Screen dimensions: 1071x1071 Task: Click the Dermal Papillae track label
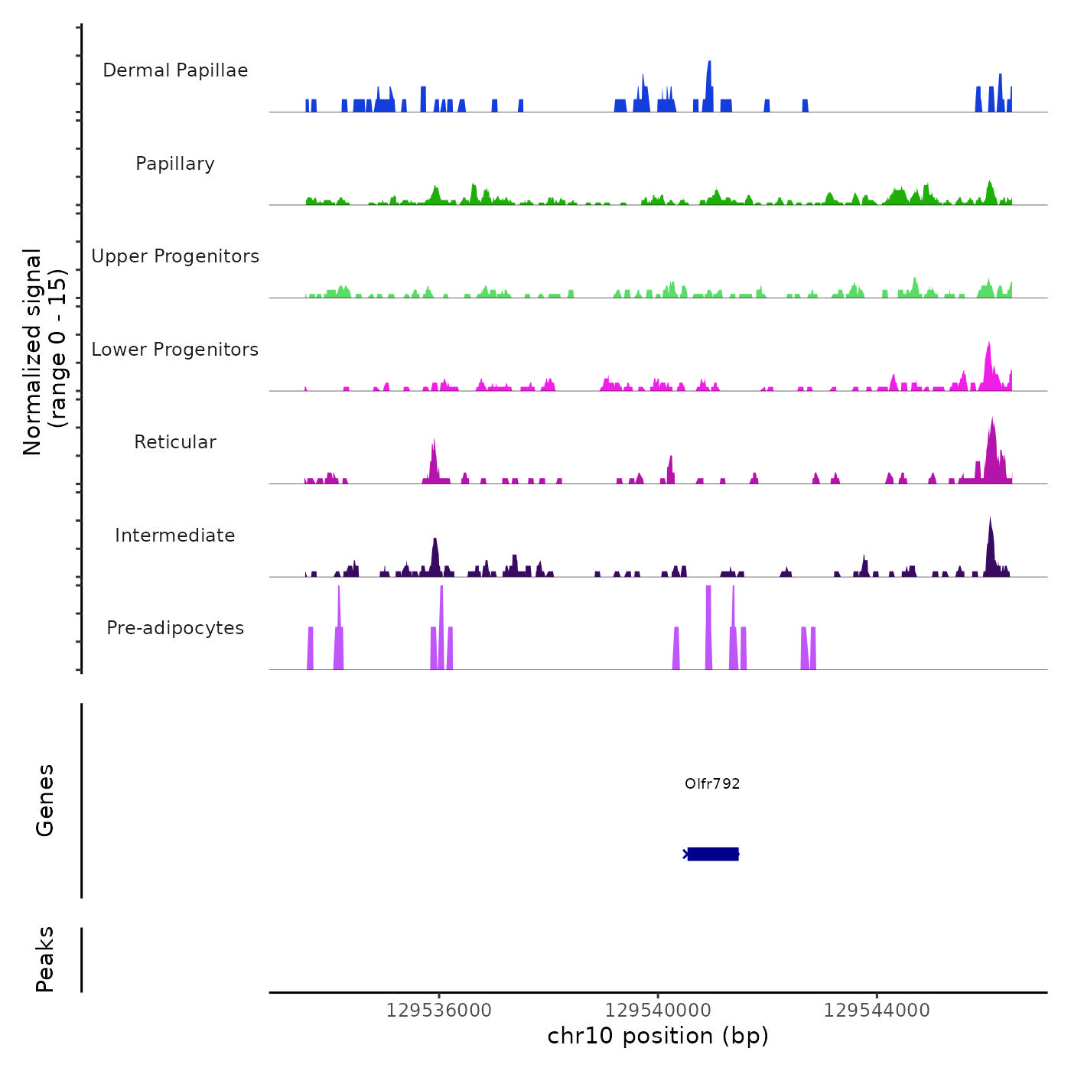(175, 70)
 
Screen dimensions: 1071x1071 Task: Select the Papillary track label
(175, 164)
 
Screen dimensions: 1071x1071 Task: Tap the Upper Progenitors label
(175, 256)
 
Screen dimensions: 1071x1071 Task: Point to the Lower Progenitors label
(175, 350)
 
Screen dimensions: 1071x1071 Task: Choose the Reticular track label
(175, 442)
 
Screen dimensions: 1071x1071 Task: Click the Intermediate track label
(175, 535)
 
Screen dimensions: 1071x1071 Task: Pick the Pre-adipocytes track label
(175, 628)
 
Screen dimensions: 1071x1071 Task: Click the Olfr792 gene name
(712, 783)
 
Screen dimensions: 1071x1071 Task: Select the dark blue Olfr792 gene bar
(713, 854)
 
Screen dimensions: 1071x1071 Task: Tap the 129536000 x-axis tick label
(439, 1011)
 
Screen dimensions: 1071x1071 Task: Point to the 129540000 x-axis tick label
(658, 1011)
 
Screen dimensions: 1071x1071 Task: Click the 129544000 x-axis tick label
(877, 1011)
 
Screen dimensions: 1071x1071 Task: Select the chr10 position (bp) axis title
(658, 1036)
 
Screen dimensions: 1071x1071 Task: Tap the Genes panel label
(45, 800)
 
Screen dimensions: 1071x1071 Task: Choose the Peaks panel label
(45, 959)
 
